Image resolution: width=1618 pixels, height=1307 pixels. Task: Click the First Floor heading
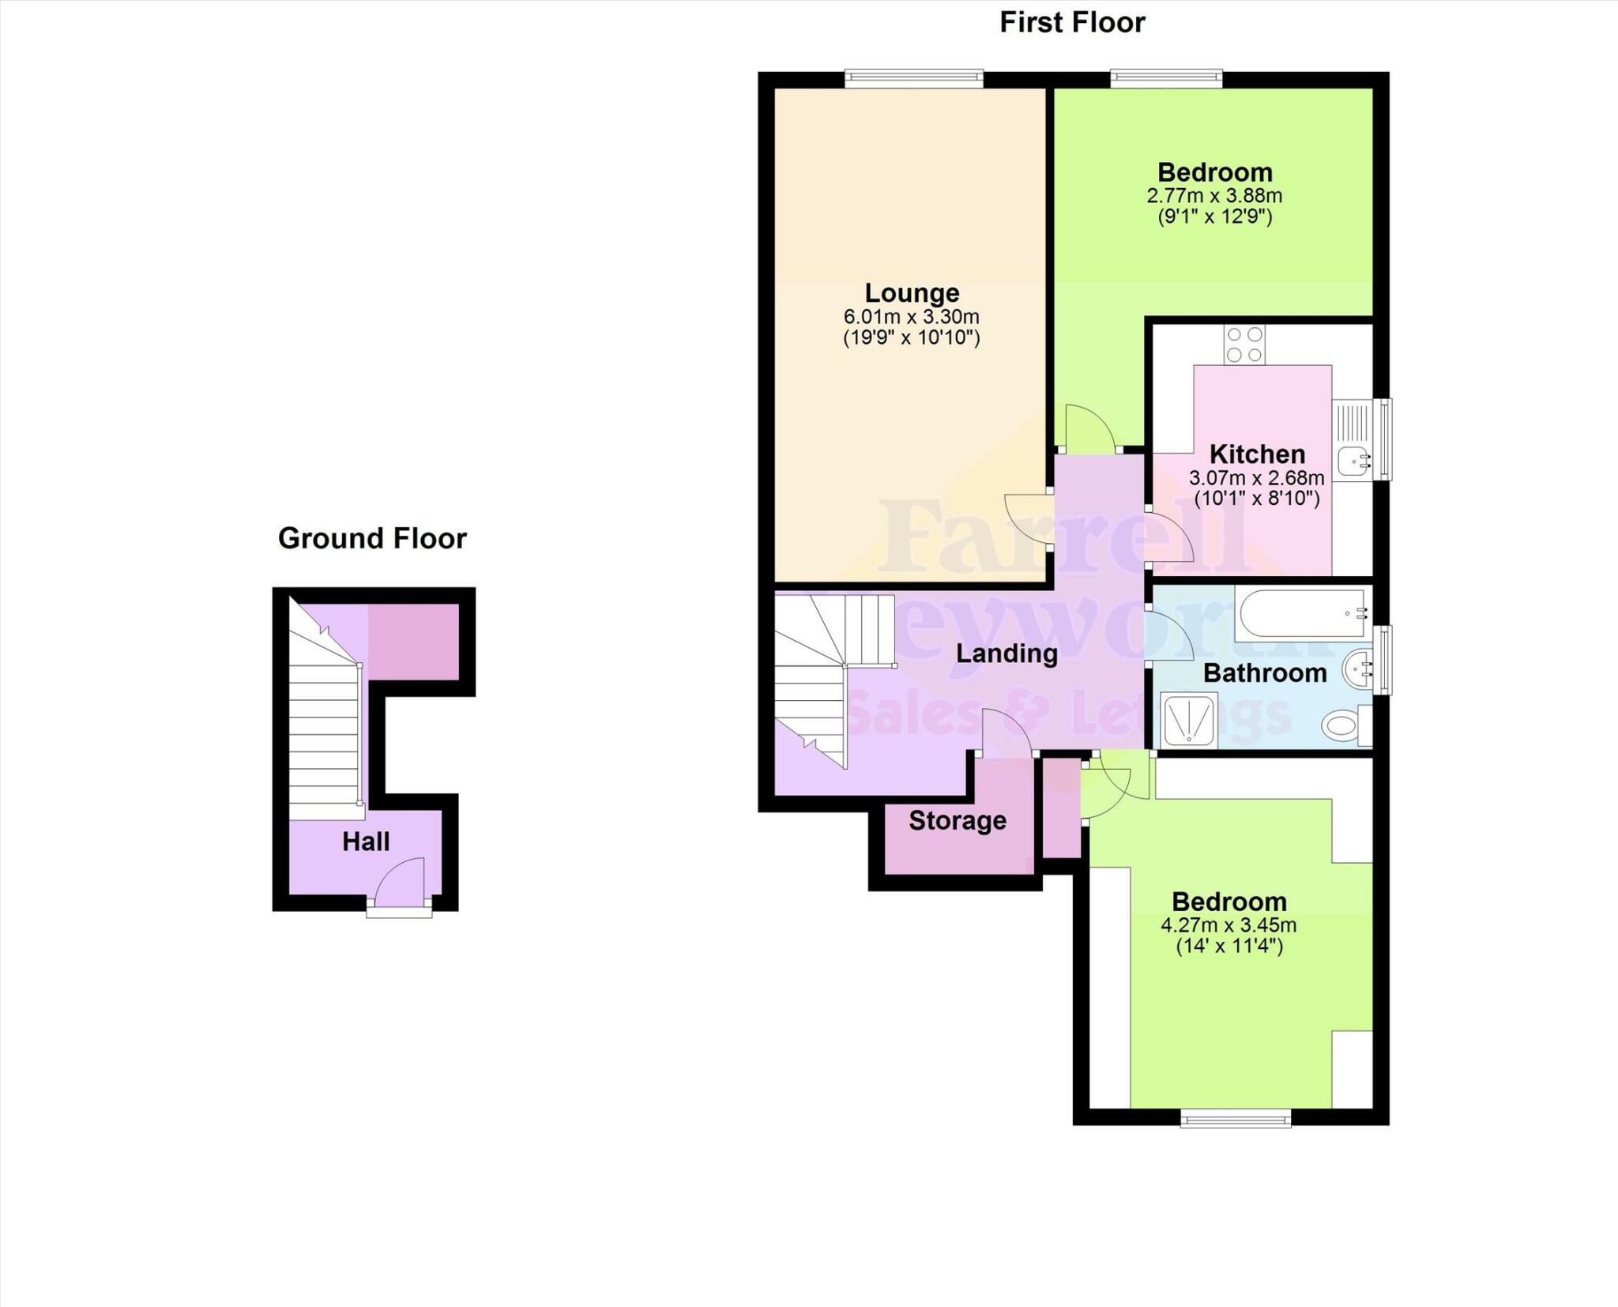1072,23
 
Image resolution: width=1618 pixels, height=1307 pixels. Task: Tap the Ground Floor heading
372,538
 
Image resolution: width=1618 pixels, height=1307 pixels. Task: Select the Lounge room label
912,293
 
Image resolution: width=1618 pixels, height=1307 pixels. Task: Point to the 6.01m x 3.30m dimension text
912,317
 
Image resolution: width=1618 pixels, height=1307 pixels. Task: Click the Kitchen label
1257,454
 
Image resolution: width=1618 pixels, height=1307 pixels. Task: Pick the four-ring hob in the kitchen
1244,345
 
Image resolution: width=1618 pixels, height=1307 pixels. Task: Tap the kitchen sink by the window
1353,459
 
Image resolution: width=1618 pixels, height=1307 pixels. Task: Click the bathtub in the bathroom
1302,613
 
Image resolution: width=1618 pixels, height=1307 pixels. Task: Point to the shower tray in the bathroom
1189,718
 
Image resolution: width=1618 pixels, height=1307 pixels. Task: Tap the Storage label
958,821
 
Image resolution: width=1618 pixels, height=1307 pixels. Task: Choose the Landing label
1007,653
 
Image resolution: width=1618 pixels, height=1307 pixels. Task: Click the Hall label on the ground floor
366,842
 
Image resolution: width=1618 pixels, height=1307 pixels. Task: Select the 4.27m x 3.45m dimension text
1229,925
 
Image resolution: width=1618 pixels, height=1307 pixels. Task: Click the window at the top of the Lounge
913,78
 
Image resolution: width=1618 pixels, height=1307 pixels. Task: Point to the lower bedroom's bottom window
1236,1117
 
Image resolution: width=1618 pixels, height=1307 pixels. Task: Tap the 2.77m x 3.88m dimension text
1214,195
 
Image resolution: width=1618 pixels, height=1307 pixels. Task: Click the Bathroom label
1265,673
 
